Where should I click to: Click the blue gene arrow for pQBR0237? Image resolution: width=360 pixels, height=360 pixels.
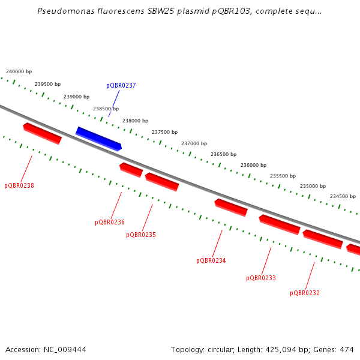point(98,139)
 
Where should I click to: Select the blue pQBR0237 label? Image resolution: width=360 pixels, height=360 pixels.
point(121,86)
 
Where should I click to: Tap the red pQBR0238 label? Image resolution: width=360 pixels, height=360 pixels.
point(19,186)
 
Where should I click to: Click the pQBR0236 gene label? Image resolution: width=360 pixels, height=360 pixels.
point(110,223)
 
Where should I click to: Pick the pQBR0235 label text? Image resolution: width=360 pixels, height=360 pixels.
point(141,235)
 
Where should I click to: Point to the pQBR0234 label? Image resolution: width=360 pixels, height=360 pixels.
point(211,261)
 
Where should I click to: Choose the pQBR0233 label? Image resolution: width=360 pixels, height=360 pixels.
point(261,278)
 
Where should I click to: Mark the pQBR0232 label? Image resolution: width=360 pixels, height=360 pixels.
point(305,293)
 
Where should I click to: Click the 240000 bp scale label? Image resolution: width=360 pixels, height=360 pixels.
point(19,71)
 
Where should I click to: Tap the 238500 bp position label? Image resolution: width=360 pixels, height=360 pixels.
point(106,109)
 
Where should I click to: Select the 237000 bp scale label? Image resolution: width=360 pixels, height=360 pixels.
point(194,144)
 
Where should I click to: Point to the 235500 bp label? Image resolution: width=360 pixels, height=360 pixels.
point(283,176)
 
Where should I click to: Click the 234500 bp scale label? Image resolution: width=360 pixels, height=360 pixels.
point(343,197)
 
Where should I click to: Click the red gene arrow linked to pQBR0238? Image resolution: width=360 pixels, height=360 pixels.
point(42,133)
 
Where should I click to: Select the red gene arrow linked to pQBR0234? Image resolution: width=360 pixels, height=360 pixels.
point(231,207)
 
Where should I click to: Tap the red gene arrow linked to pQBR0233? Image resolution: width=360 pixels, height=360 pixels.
point(280,224)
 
